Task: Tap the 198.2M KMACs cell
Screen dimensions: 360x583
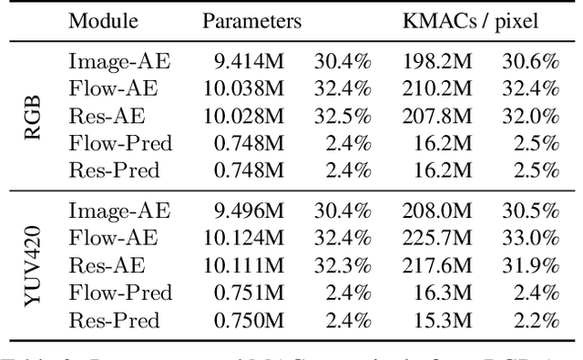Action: coord(434,63)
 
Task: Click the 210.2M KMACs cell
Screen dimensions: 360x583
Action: coord(434,89)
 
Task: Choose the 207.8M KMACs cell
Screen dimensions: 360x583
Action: coord(434,117)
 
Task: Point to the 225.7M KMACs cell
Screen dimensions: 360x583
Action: coord(434,239)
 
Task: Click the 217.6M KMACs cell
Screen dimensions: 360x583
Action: coord(434,266)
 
